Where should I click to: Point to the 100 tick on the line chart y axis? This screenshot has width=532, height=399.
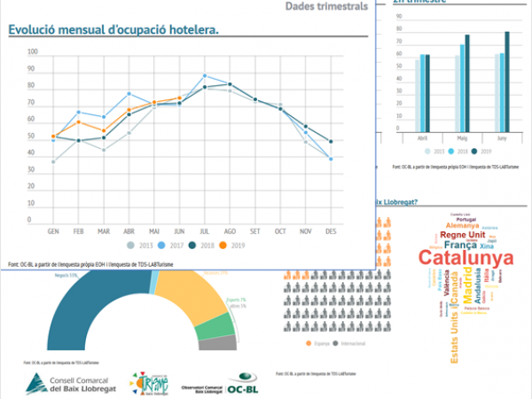click(x=33, y=52)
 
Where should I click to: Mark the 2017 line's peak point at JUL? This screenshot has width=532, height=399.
click(x=205, y=76)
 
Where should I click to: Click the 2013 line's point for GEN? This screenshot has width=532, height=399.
click(x=53, y=161)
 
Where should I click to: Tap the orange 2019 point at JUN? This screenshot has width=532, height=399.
click(x=180, y=98)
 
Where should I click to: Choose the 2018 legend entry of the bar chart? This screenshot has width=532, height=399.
click(x=459, y=152)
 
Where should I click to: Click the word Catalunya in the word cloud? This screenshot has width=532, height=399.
click(x=465, y=257)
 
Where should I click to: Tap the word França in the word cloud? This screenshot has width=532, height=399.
click(x=460, y=244)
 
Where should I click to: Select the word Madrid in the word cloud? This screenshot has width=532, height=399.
click(x=467, y=290)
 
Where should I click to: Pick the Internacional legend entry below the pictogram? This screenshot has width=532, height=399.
click(x=348, y=343)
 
